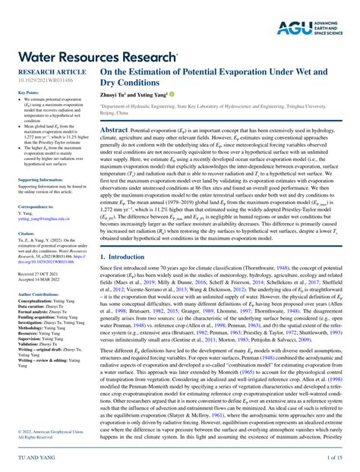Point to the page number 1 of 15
click(334, 460)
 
